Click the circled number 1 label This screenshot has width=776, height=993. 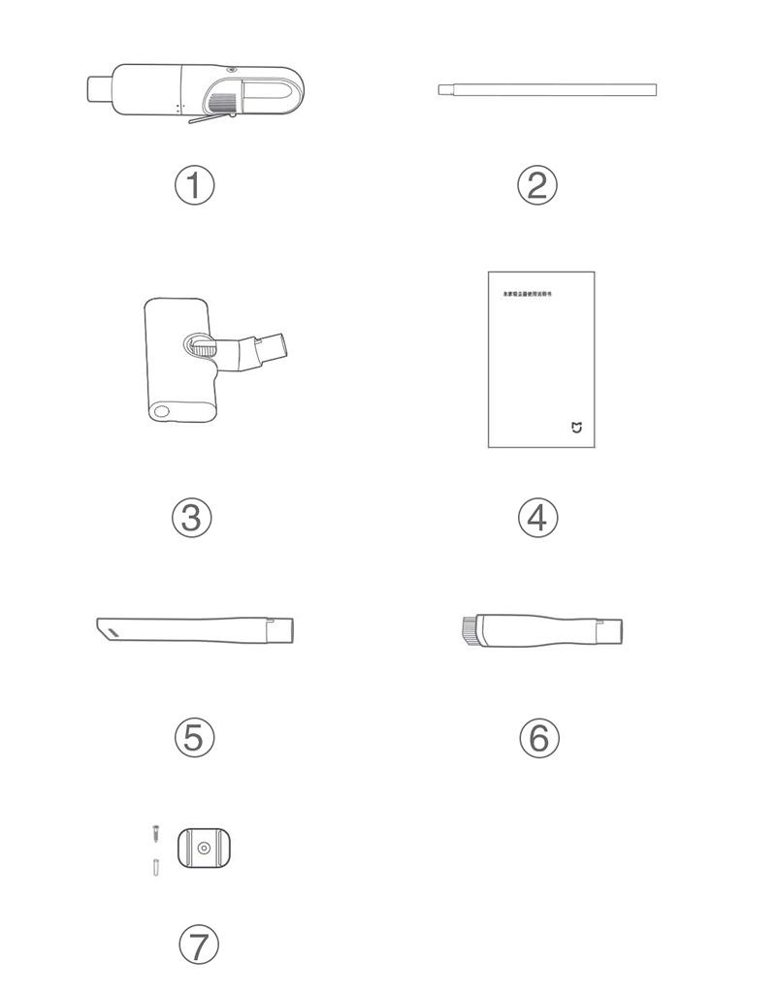click(x=194, y=184)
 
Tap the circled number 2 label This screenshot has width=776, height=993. click(x=537, y=184)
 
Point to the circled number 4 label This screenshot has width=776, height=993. click(x=537, y=518)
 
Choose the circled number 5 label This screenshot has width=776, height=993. click(x=194, y=737)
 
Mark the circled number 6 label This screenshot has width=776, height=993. click(x=539, y=738)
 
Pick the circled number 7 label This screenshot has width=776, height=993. click(x=199, y=944)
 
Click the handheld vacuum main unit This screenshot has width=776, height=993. click(x=194, y=91)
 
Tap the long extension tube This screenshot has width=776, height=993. click(x=547, y=90)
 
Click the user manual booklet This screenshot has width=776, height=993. click(x=540, y=360)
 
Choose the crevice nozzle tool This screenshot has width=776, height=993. click(x=194, y=629)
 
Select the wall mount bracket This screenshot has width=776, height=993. click(x=205, y=848)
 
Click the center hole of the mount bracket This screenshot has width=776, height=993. click(x=205, y=848)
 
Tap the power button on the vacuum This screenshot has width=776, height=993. click(x=233, y=71)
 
